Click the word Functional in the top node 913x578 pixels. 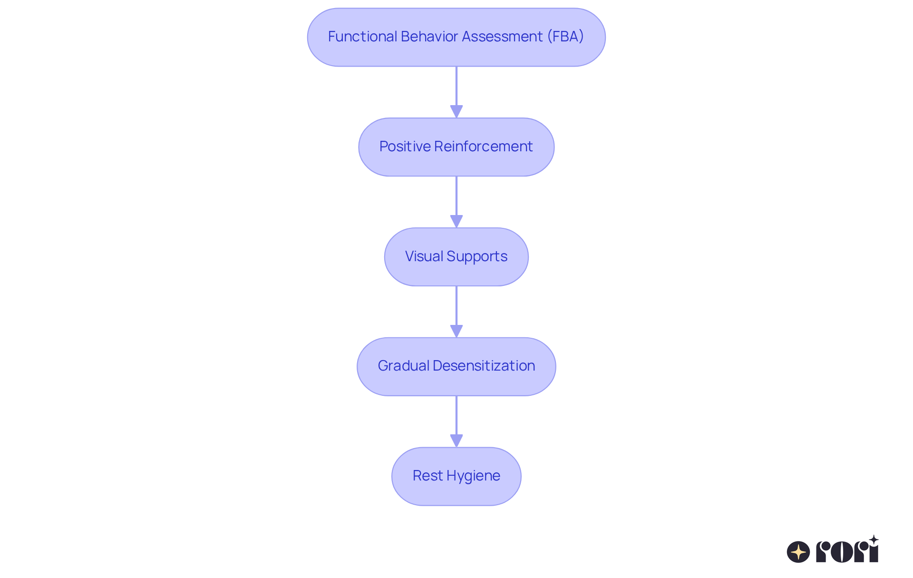click(x=362, y=37)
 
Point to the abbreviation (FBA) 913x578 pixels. click(x=565, y=37)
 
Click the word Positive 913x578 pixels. click(x=405, y=146)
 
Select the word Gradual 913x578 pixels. click(x=403, y=365)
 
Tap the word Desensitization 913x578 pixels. click(x=484, y=365)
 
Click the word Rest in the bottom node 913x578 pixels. click(x=427, y=475)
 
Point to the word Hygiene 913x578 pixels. click(x=473, y=476)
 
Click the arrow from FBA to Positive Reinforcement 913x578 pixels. click(x=456, y=92)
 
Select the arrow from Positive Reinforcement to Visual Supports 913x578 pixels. click(x=456, y=202)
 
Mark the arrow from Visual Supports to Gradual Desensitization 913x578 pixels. click(x=456, y=312)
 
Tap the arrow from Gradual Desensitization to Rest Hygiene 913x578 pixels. click(x=456, y=421)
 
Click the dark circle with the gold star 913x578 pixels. click(x=798, y=552)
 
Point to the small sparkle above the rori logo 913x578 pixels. click(x=874, y=540)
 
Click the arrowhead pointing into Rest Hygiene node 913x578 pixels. click(x=456, y=441)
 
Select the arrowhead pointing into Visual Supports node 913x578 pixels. click(x=456, y=222)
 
